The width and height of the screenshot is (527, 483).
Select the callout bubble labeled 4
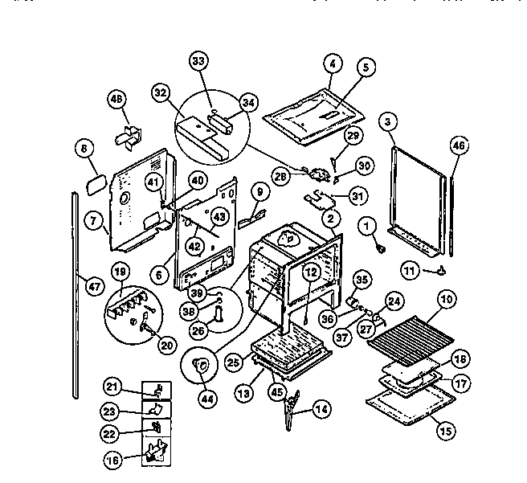point(332,62)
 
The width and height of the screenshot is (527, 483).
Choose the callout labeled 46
point(458,145)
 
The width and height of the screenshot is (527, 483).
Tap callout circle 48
point(117,100)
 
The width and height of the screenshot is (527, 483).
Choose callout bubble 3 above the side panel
point(389,122)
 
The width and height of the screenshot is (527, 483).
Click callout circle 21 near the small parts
point(113,388)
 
